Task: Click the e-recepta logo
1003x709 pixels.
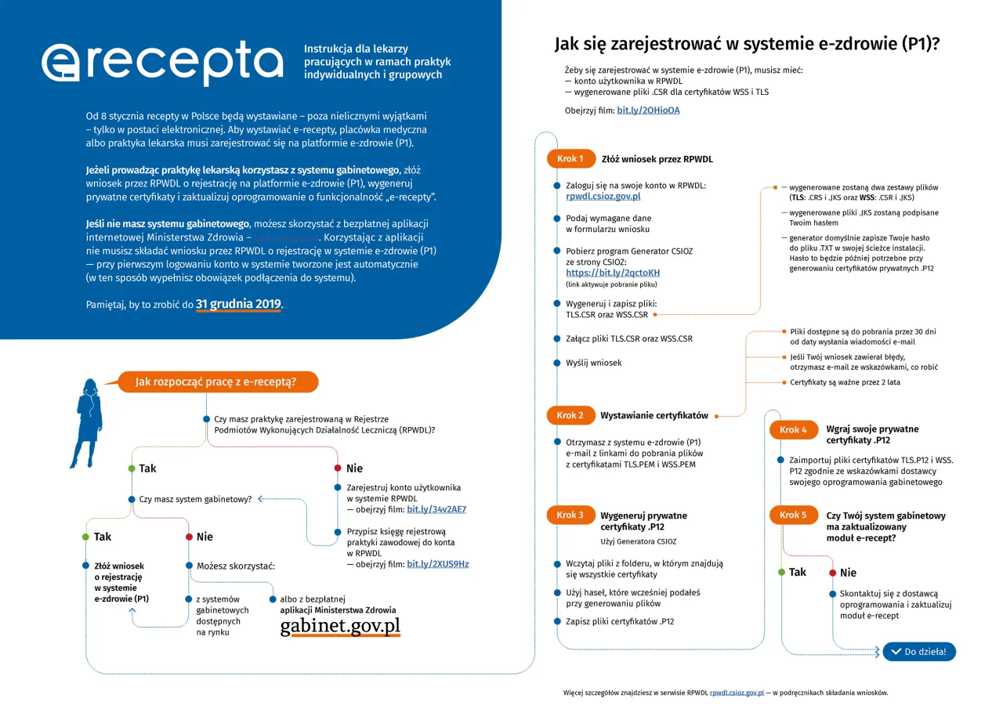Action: (162, 62)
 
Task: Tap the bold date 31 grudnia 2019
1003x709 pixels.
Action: (238, 304)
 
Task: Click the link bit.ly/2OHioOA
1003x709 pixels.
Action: (648, 110)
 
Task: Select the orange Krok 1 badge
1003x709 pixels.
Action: (570, 159)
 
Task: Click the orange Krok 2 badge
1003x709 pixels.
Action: (570, 415)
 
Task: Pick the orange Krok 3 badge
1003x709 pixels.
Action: (570, 515)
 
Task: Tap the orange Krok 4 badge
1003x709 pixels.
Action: (793, 429)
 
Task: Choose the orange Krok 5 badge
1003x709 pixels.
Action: (793, 515)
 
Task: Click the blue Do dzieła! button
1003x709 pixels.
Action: (919, 652)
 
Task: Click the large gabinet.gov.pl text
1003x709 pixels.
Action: (340, 626)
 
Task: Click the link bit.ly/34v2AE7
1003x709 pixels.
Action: (436, 509)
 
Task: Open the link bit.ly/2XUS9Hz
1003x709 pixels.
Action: (437, 564)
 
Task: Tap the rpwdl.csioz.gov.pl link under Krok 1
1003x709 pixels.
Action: (603, 197)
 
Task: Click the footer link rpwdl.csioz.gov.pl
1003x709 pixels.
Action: (737, 693)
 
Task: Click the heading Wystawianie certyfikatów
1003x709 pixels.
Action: (654, 415)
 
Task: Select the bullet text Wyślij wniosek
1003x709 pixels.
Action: (594, 363)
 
